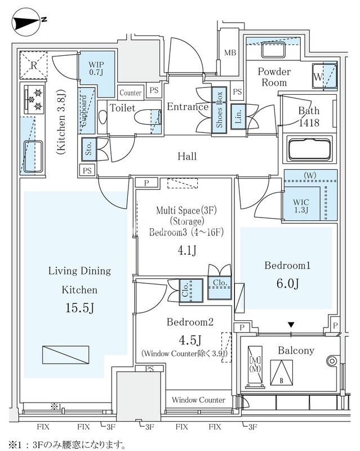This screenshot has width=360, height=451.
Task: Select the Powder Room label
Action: [x=274, y=77]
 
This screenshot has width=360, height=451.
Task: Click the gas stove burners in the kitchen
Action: [x=33, y=98]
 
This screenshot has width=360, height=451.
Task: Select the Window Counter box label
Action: [x=198, y=400]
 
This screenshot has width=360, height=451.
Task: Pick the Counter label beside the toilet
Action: [x=131, y=93]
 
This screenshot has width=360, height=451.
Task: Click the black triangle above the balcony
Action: [x=291, y=325]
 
